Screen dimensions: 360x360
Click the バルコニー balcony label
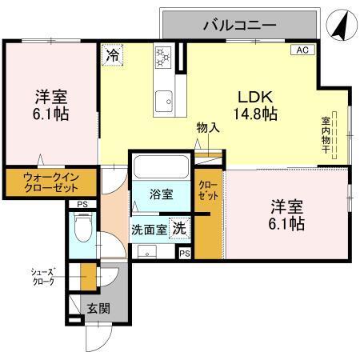(x=239, y=25)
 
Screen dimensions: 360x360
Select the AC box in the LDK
(x=302, y=50)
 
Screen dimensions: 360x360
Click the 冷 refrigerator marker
(x=113, y=57)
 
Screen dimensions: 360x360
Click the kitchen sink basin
(x=166, y=99)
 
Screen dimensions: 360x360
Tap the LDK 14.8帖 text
(x=255, y=104)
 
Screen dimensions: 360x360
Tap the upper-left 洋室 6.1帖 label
(x=50, y=105)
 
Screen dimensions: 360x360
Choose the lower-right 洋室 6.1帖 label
(x=286, y=213)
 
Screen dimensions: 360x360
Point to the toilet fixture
(x=81, y=232)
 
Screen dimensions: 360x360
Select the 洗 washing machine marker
(x=181, y=227)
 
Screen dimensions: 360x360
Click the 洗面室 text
(x=150, y=228)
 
